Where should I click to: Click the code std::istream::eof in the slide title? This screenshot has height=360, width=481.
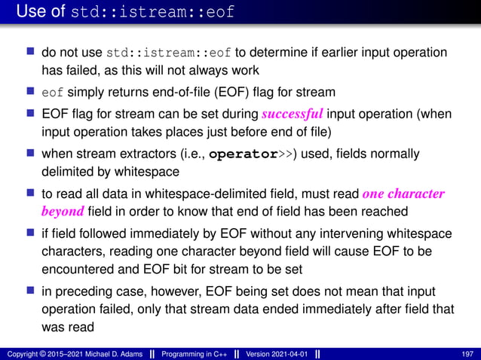pos(152,13)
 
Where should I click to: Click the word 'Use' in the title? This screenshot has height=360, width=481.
pos(31,12)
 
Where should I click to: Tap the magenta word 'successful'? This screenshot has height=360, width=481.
pos(293,114)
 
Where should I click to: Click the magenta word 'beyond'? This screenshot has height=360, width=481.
pos(63,209)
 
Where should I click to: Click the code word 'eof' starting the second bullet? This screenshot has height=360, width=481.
pos(52,93)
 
